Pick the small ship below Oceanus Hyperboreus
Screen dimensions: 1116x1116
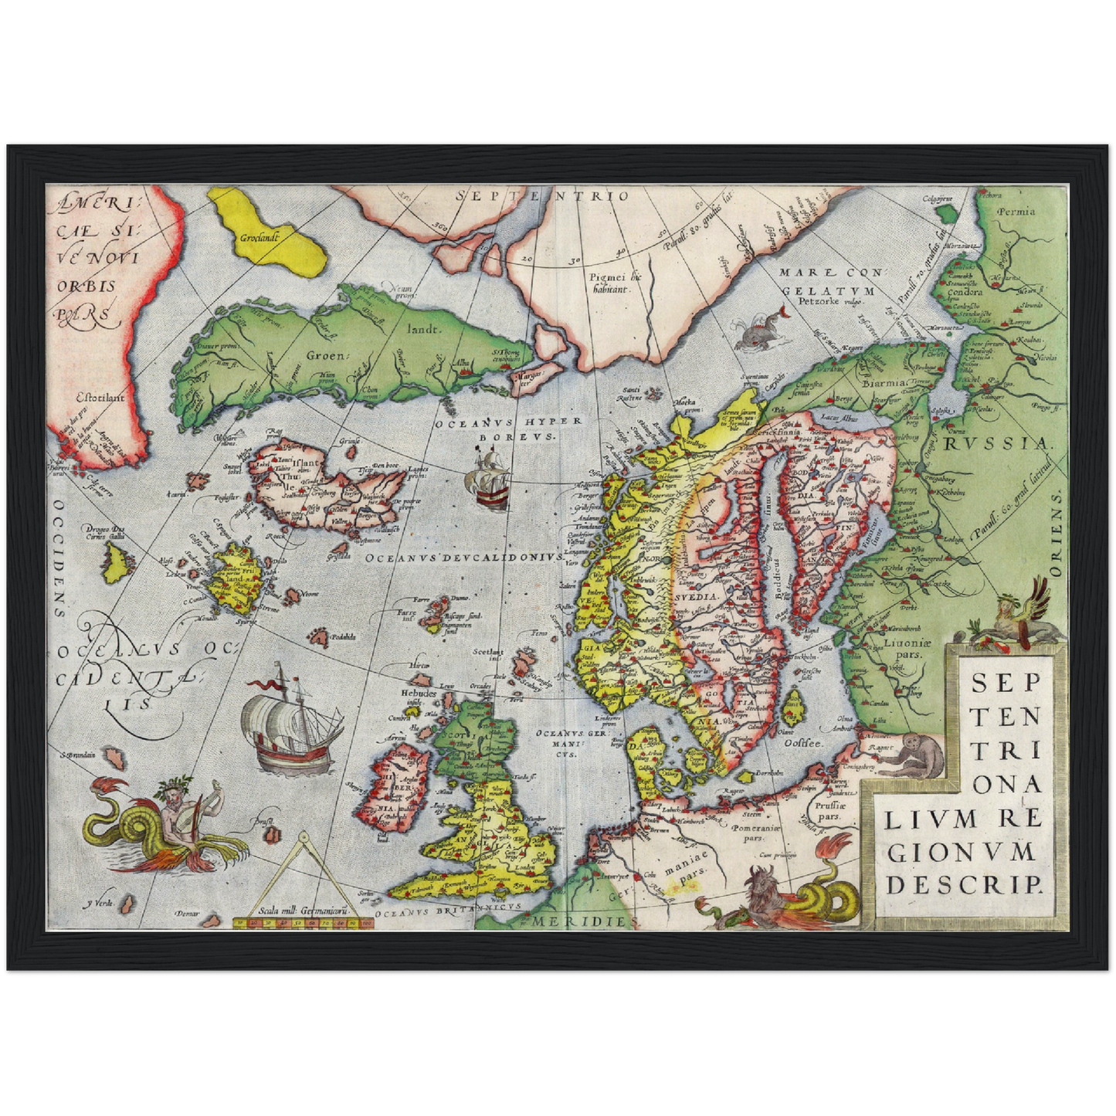[486, 480]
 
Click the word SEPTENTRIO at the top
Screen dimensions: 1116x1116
[542, 196]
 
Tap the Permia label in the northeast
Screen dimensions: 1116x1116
[1016, 211]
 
